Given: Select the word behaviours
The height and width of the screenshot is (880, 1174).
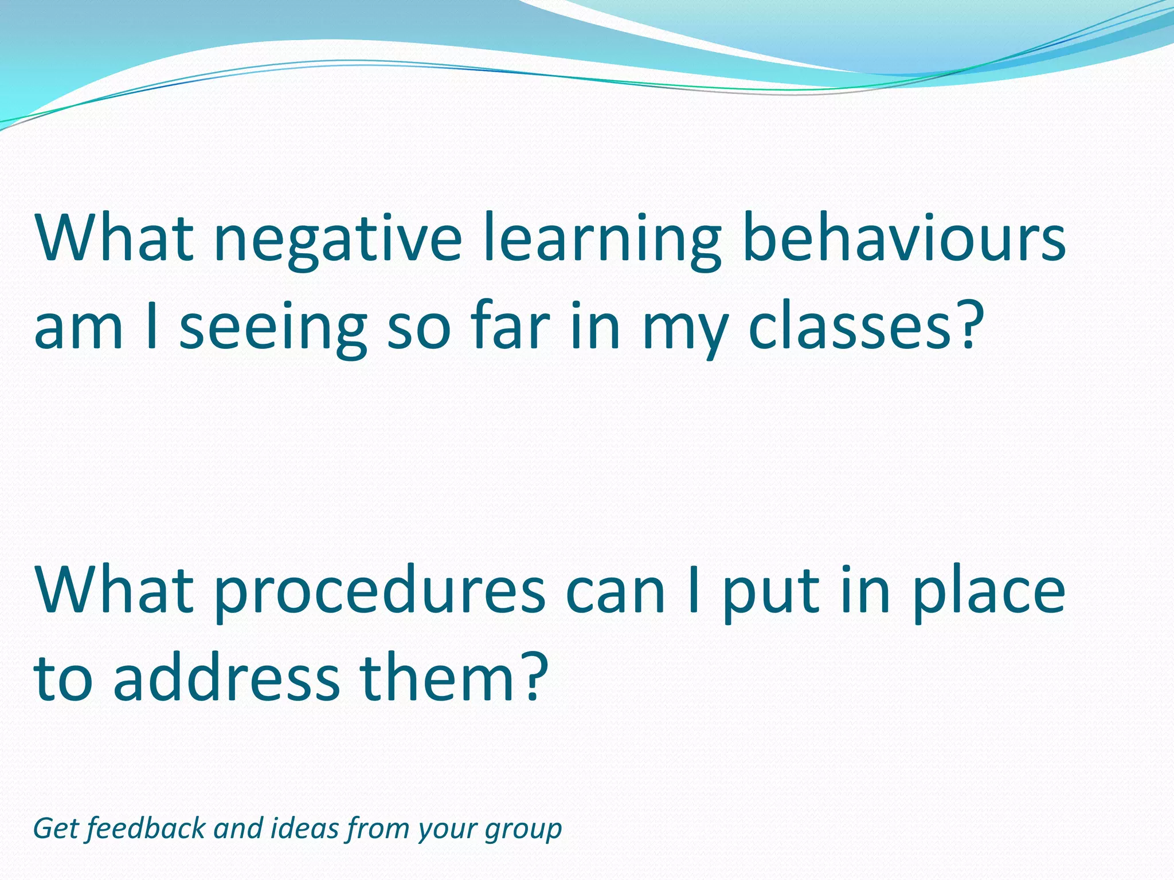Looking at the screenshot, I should coord(903,237).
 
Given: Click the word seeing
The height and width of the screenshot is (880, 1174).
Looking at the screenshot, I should coord(273,328).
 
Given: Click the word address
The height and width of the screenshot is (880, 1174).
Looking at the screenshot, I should coord(227,678).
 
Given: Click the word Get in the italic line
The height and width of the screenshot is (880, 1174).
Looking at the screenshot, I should coord(55,829).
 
